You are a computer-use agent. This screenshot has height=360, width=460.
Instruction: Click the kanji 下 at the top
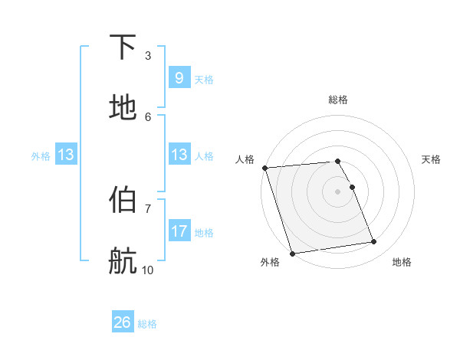pos(123,47)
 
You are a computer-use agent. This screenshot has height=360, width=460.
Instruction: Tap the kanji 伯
pos(123,200)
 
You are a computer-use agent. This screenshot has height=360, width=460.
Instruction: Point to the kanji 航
pos(123,261)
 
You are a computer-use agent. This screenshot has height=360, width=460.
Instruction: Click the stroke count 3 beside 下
pos(148,55)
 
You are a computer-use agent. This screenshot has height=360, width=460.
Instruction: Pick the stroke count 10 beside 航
pos(148,270)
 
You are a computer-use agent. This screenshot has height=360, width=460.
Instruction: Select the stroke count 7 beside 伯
pos(148,208)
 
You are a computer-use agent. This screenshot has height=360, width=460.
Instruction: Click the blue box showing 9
pos(179,77)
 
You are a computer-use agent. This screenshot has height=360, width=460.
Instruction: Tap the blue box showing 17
pos(179,231)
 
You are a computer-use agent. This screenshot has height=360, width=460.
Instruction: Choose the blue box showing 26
pos(123,322)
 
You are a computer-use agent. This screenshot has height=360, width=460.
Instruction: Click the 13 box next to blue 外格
pos(65,155)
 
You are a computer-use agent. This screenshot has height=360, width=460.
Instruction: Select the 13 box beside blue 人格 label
pos(179,155)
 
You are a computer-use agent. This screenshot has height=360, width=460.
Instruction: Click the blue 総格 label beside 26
pos(148,324)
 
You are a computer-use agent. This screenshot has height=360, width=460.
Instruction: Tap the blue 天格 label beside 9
pos(204,80)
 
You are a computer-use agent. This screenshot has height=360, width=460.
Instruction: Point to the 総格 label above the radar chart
pos(338,100)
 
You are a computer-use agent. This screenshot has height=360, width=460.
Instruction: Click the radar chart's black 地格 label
pos(402,262)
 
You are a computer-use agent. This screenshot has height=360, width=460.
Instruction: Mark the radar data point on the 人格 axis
pos(264,168)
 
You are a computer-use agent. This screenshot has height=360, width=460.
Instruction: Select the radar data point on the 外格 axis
pos(292,253)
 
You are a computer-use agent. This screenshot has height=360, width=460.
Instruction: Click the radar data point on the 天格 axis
pos(352,187)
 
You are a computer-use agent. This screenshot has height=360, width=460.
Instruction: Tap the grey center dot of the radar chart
pos(337,191)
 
